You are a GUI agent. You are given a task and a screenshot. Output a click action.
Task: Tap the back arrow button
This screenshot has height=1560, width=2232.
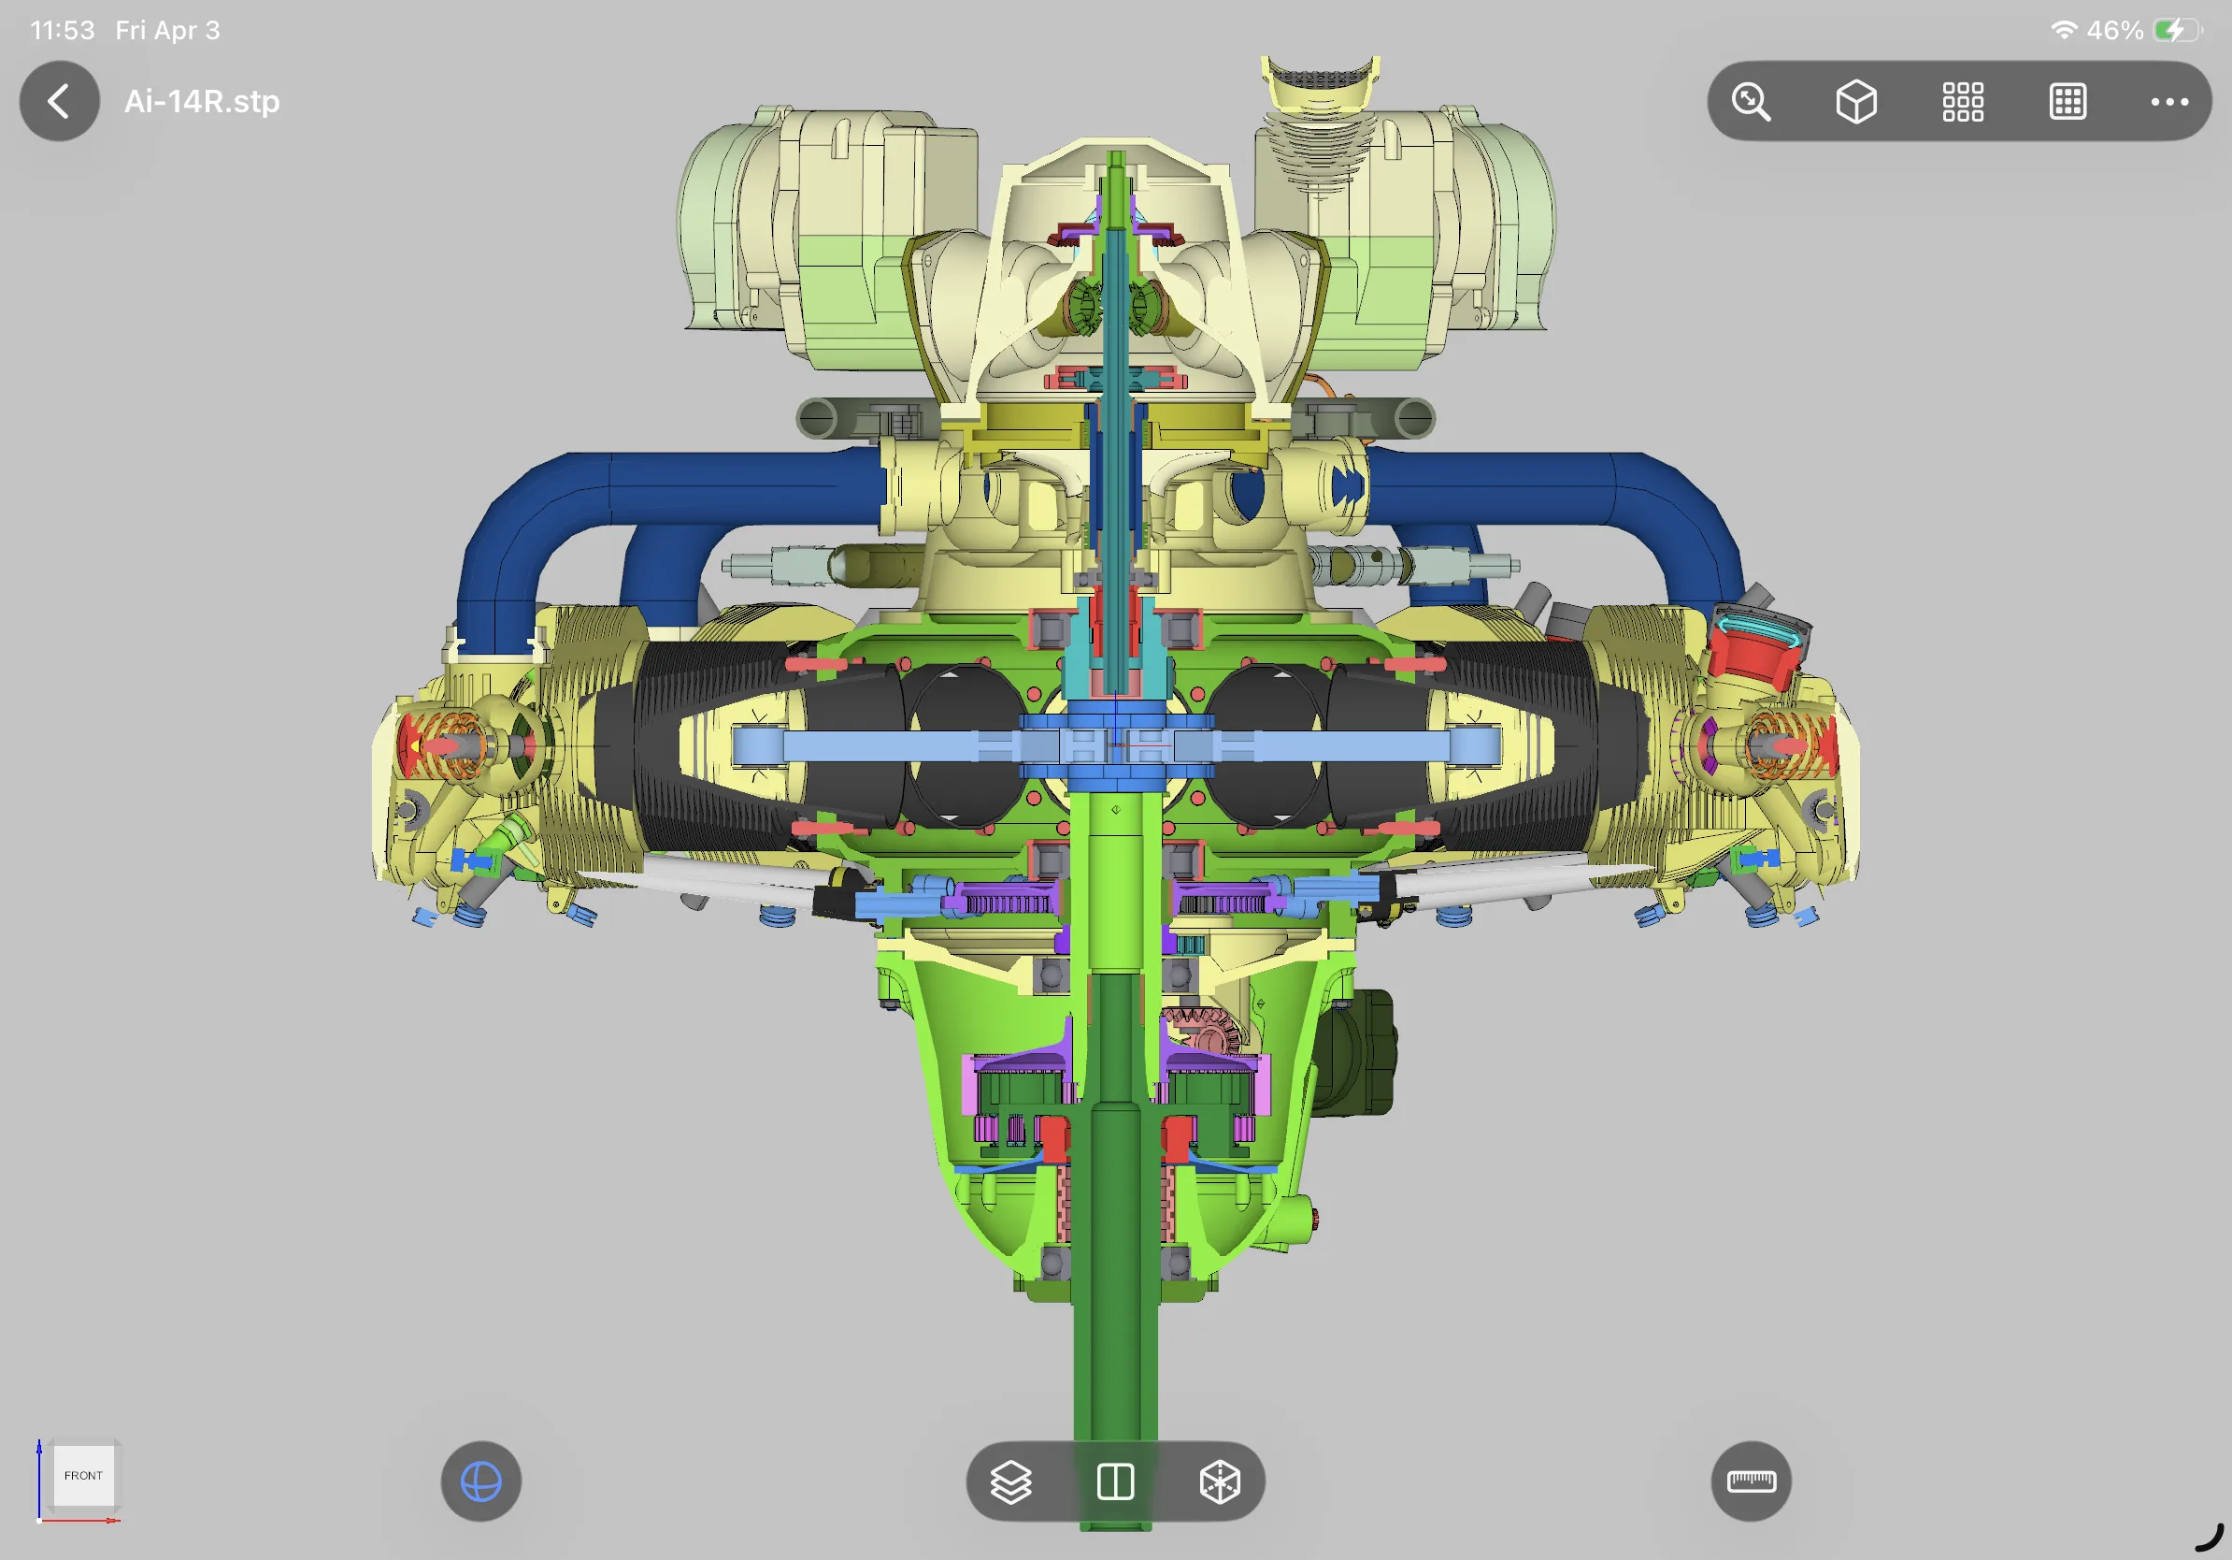coord(59,101)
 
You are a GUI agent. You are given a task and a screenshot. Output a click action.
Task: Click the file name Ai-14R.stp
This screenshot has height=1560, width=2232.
coord(202,101)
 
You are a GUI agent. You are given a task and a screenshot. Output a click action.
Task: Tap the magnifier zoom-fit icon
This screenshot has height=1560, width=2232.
coord(1751,101)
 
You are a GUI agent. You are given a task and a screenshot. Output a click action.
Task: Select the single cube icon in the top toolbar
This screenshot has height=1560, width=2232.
coord(1855,101)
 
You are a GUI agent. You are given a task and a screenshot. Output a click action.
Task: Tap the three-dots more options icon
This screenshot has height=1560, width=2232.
coord(2168,101)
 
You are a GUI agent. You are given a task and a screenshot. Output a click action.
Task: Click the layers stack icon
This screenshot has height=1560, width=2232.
coord(1011,1481)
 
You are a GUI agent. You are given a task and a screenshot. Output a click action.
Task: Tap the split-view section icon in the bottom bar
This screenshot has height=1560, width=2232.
coord(1115,1481)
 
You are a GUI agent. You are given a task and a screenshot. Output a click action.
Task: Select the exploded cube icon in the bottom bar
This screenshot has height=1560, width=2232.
coord(1220,1481)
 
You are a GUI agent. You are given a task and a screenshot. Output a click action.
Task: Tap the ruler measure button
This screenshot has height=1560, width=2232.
coord(1751,1481)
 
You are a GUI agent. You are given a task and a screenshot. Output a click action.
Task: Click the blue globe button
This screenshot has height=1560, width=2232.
coord(481,1481)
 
